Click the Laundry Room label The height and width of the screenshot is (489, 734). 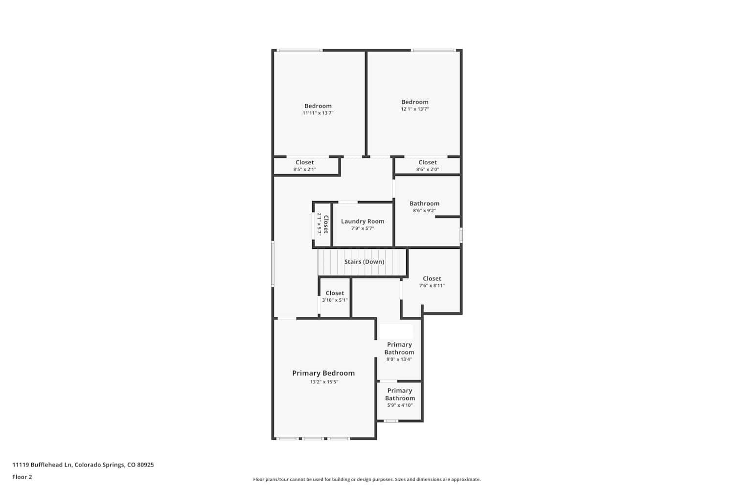[363, 221]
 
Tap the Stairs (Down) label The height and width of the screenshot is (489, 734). [364, 261]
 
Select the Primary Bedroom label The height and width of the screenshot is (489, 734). [323, 373]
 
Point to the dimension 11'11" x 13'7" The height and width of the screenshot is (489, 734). [318, 113]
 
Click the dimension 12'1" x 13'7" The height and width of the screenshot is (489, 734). [415, 109]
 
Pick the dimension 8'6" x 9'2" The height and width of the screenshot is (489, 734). [424, 211]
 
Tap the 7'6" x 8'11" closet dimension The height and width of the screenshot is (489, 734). [432, 285]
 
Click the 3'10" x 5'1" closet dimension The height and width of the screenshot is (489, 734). [335, 300]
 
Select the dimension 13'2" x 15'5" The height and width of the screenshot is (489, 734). [324, 381]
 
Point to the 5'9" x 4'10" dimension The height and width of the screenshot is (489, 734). [400, 405]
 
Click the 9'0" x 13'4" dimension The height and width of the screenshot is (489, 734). [399, 359]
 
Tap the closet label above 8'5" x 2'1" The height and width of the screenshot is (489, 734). [305, 162]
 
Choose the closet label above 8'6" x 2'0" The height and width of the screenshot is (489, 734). [428, 162]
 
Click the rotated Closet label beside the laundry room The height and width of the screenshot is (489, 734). [326, 224]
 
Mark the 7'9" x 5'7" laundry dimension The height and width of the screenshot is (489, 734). [363, 228]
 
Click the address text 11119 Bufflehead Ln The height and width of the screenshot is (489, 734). [42, 465]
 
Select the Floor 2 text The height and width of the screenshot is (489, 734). [23, 477]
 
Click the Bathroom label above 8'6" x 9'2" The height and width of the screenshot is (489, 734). [424, 203]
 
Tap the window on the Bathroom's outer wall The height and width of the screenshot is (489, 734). [461, 235]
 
